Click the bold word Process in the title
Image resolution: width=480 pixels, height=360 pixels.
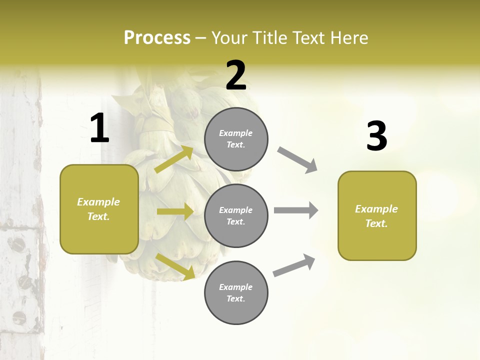[157, 38]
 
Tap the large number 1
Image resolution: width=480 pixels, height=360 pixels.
[99, 128]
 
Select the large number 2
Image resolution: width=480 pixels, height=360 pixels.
[236, 75]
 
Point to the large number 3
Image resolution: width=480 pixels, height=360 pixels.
[376, 136]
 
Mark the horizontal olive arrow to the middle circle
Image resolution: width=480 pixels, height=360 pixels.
[175, 211]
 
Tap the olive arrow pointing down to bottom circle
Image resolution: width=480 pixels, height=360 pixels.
[175, 266]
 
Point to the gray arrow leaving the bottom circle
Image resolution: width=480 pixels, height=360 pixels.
[294, 265]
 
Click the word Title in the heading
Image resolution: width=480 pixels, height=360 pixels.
[269, 38]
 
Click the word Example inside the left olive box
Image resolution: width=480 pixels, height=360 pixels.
[98, 202]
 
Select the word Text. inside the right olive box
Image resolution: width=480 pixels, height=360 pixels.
[376, 223]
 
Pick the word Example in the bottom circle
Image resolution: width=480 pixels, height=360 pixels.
[236, 287]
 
